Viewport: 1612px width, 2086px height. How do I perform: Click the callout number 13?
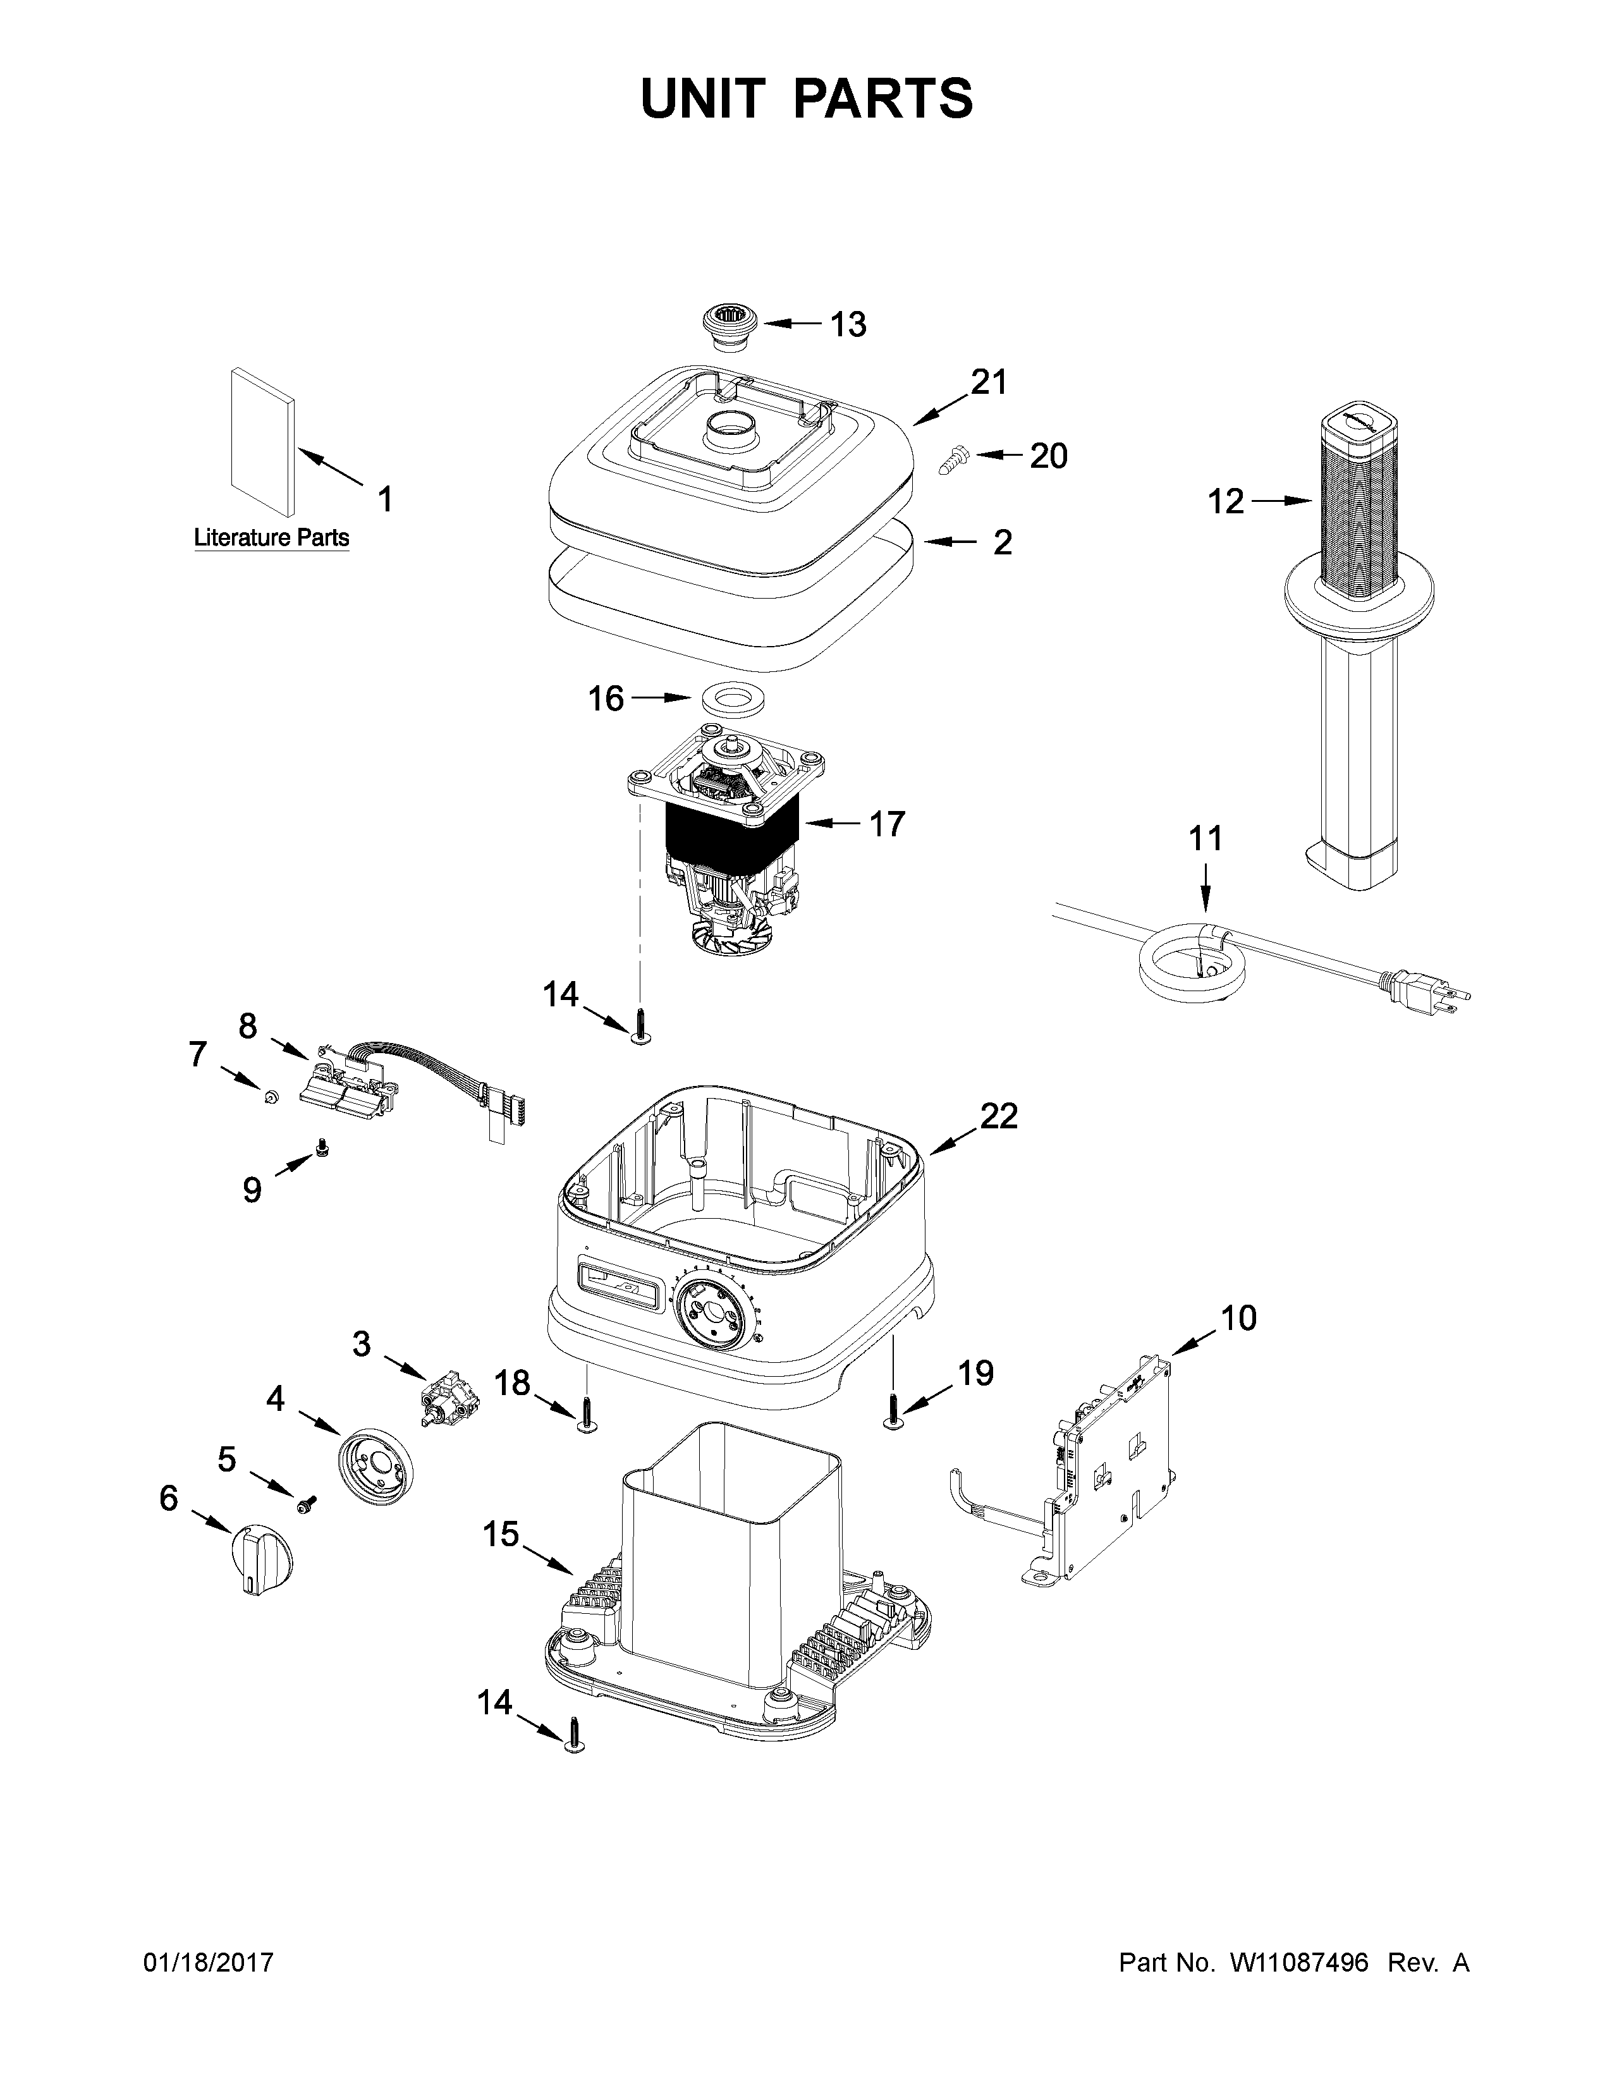pyautogui.click(x=847, y=325)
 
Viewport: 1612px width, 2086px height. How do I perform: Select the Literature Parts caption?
pyautogui.click(x=271, y=538)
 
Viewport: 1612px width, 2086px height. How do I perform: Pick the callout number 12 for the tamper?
pyautogui.click(x=1226, y=501)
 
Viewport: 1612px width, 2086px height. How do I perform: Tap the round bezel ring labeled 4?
pyautogui.click(x=378, y=1468)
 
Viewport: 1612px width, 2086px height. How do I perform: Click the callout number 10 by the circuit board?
pyautogui.click(x=1238, y=1318)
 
